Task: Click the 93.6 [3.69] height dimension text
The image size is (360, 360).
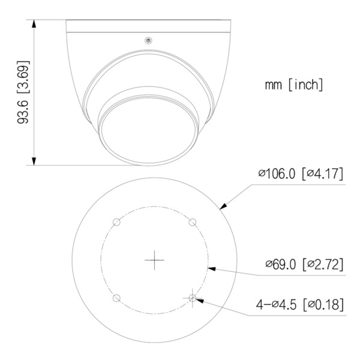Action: (x=23, y=92)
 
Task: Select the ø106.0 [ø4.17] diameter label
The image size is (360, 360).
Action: (x=299, y=175)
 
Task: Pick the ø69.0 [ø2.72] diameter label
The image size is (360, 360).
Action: (x=304, y=264)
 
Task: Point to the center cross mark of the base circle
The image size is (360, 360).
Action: (x=155, y=259)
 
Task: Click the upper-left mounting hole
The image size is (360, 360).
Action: (x=117, y=222)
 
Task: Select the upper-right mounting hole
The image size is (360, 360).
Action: (x=192, y=222)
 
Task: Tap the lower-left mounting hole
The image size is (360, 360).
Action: (x=117, y=298)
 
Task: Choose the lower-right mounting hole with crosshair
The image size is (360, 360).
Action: (x=192, y=298)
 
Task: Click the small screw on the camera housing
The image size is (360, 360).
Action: (x=147, y=41)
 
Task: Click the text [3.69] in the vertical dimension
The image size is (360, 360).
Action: (x=23, y=73)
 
